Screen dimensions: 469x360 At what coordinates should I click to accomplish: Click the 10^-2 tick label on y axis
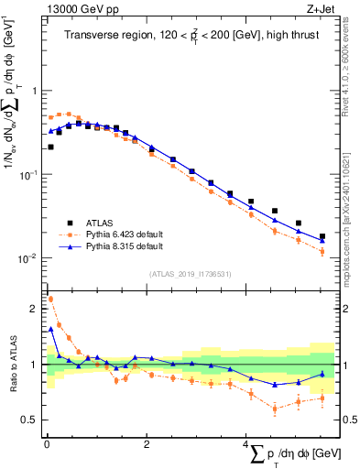point(27,258)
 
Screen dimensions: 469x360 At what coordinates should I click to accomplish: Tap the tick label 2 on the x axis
point(147,444)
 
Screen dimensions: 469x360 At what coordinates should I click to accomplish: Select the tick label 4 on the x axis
point(245,444)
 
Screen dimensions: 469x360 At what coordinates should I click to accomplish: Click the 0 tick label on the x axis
point(47,444)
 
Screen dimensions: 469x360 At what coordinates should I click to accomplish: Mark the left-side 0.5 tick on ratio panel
point(30,420)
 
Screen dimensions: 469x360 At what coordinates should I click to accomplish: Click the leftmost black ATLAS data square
point(50,147)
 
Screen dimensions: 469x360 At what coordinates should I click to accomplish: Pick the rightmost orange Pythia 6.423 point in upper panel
point(322,250)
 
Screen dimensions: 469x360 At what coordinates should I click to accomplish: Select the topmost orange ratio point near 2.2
point(50,299)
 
